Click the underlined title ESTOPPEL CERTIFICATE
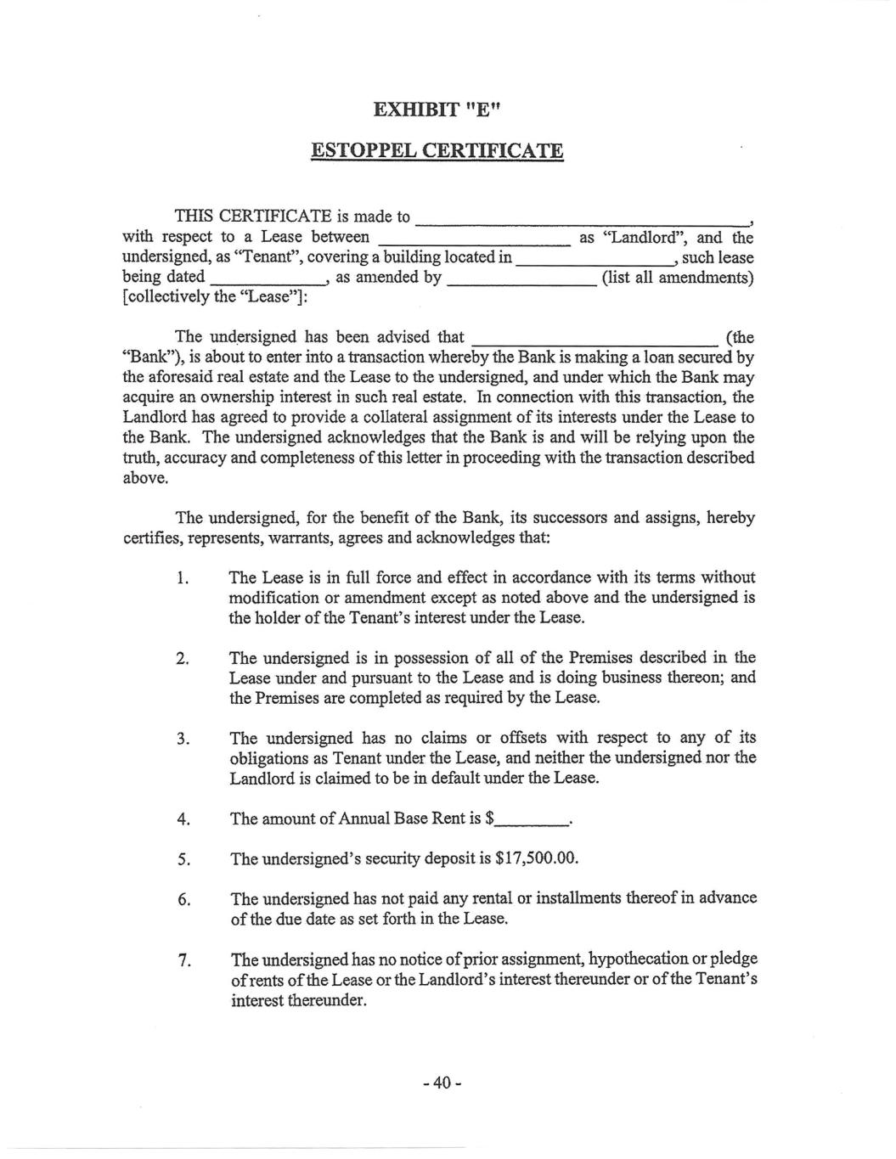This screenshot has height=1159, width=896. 437,151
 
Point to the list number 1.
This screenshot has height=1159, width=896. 182,579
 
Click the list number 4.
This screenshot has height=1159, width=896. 182,819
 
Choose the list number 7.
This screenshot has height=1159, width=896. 182,961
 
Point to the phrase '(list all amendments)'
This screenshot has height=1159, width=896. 677,278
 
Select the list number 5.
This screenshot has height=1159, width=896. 182,859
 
